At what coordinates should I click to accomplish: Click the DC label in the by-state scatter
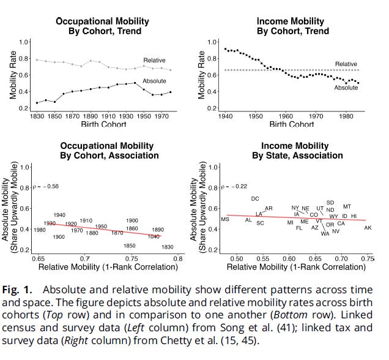coord(255,198)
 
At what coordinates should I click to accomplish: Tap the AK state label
coord(368,228)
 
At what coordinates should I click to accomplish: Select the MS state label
coord(225,219)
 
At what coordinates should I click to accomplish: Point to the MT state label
coord(347,207)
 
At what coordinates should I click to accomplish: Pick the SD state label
coord(330,202)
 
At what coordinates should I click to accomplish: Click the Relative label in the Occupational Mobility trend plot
coord(154,60)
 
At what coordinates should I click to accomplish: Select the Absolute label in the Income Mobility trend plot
coord(346,88)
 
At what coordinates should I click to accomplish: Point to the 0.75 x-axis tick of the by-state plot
coord(367,259)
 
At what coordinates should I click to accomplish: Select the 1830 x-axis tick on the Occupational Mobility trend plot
coord(39,114)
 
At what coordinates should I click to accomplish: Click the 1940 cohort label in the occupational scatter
coord(59,215)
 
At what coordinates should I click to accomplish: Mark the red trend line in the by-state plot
coord(294,217)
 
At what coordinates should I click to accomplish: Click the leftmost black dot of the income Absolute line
coord(226,48)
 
